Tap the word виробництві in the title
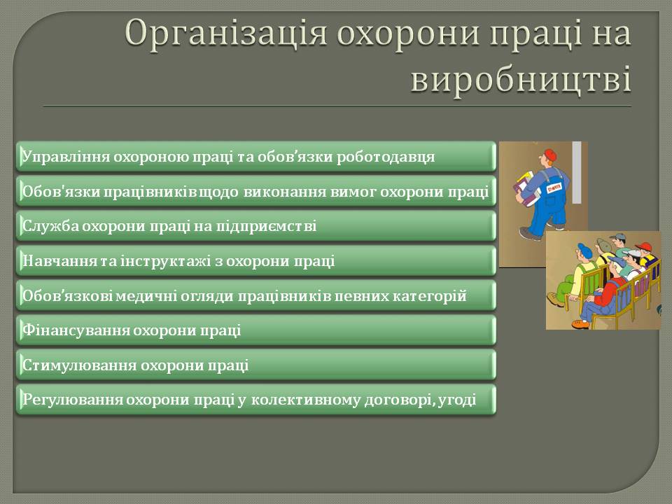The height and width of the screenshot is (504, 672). [x=521, y=79]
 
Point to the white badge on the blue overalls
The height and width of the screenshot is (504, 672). [x=554, y=188]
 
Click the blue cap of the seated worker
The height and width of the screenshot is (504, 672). [x=584, y=248]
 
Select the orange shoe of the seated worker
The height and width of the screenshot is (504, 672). [x=580, y=323]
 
